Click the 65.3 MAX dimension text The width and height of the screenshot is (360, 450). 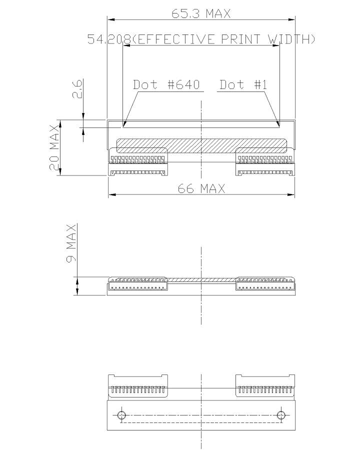tap(201, 13)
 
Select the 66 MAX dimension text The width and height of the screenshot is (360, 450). tap(201, 188)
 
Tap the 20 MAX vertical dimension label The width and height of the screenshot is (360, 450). tap(54, 148)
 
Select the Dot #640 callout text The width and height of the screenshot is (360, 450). tap(166, 84)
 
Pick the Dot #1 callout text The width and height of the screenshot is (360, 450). tap(243, 84)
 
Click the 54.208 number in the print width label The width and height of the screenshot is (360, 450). tap(109, 39)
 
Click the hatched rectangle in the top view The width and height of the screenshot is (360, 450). tap(201, 145)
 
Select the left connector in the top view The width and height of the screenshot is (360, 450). tap(138, 162)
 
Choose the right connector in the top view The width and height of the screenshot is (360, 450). tap(265, 162)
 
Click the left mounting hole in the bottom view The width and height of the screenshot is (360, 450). tap(121, 415)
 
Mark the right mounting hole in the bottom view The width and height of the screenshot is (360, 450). tap(281, 415)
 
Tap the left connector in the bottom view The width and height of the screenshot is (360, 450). tap(138, 385)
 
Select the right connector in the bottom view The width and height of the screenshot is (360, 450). tap(265, 385)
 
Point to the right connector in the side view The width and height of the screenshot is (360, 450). tap(265, 284)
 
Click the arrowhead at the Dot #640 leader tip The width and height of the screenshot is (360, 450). tap(124, 124)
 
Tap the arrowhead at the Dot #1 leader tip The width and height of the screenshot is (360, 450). tap(278, 124)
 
